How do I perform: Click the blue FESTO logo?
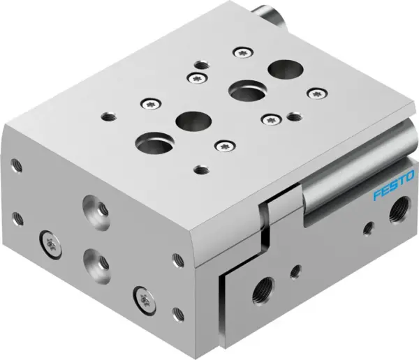point(394,186)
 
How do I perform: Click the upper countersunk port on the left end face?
point(93,207)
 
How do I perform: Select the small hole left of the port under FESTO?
point(368,227)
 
